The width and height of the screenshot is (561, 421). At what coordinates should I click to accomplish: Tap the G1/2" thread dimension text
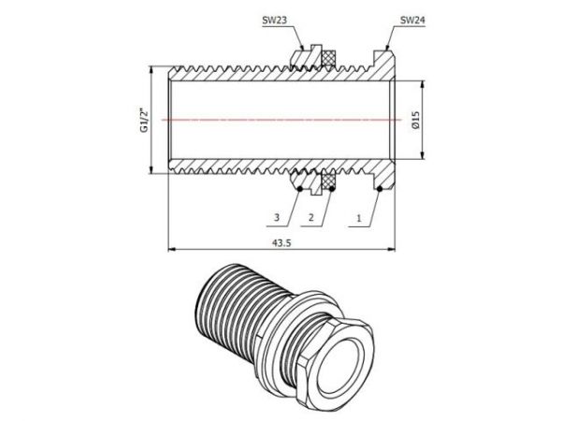tap(143, 120)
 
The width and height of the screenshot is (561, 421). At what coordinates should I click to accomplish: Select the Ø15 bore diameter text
tap(416, 120)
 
